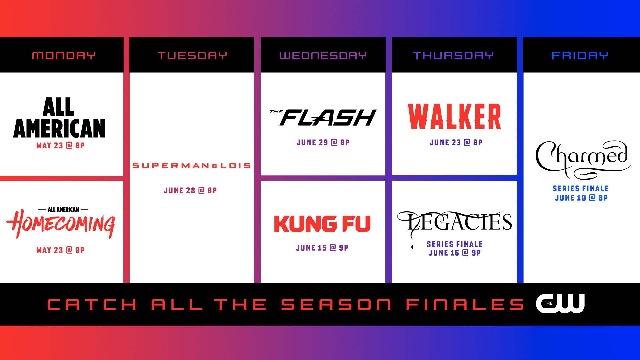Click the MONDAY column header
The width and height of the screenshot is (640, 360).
click(64, 55)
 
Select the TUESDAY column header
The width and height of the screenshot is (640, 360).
click(192, 55)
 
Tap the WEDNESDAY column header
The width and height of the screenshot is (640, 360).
click(323, 55)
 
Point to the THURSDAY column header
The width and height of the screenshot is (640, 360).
click(453, 55)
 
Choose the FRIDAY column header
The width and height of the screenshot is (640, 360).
click(580, 55)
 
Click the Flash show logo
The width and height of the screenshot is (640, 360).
click(323, 117)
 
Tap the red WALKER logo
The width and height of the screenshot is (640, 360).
click(454, 116)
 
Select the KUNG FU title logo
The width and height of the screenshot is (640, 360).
click(322, 224)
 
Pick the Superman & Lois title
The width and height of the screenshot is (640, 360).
click(191, 166)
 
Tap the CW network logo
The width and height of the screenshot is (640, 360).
click(560, 303)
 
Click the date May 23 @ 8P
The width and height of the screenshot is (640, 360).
click(60, 146)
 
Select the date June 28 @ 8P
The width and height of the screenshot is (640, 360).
click(190, 190)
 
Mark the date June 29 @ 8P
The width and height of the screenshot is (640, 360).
click(323, 142)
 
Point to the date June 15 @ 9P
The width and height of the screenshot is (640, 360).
click(322, 248)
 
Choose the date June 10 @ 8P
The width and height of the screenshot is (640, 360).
click(581, 198)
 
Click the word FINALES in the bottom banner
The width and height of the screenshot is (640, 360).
click(465, 305)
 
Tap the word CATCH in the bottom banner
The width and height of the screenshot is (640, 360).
click(92, 305)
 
